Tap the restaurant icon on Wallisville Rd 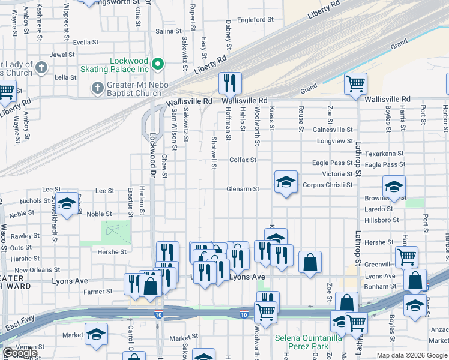pos(229,83)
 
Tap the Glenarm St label pos(243,189)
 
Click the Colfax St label pos(243,160)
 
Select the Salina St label pos(169,31)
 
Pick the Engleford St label pos(255,20)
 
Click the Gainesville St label pos(333,130)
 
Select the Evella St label pos(86,43)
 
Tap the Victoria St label pos(337,174)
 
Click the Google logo pos(20,353)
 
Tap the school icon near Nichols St pos(67,203)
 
